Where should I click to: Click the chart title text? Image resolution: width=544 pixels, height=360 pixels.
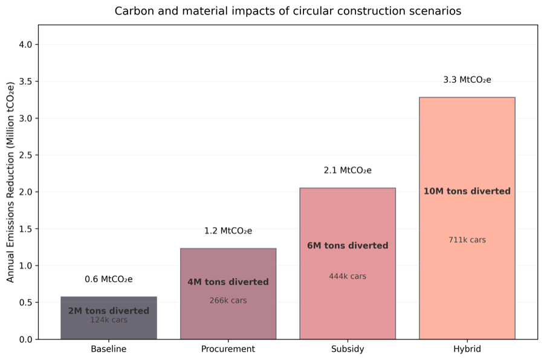click(288, 11)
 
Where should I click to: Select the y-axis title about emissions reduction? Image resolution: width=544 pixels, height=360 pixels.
click(10, 182)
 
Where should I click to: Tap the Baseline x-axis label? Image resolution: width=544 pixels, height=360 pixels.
click(108, 349)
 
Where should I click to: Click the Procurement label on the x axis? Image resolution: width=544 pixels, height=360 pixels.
click(228, 349)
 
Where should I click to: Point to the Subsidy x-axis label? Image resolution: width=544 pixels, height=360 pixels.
click(348, 349)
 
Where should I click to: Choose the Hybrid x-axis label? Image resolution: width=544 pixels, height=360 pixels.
click(467, 349)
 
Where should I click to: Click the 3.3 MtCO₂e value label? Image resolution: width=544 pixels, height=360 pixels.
click(467, 80)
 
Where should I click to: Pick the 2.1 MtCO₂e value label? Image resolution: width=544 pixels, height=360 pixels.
click(348, 170)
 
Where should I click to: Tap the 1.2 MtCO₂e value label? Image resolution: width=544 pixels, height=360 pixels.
click(228, 231)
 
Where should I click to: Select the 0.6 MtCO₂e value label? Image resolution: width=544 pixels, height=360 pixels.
click(108, 279)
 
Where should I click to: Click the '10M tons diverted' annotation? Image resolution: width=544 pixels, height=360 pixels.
click(467, 191)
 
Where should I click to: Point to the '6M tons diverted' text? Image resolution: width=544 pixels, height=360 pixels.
click(348, 246)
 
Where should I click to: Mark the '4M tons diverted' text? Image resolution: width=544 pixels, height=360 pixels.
click(228, 282)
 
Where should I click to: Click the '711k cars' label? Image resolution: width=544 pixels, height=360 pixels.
click(467, 240)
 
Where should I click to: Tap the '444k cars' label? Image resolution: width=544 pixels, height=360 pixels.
click(348, 276)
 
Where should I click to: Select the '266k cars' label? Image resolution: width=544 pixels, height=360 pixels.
click(228, 300)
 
